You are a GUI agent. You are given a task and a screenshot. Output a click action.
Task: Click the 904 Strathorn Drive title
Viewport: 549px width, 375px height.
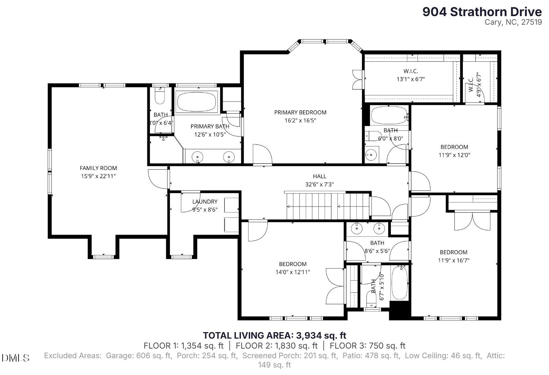[x=482, y=12]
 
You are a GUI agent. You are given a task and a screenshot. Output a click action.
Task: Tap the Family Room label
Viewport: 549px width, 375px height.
[x=98, y=168]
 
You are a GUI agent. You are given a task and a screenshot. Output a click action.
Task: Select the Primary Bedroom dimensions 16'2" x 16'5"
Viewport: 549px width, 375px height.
[x=300, y=120]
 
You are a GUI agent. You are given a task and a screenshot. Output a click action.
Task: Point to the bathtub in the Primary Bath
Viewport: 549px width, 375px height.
[x=196, y=102]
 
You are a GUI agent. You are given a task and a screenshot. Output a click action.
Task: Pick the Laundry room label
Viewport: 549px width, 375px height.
[x=205, y=201]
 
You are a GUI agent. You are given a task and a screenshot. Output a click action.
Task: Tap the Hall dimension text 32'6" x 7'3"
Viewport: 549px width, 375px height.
[x=319, y=184]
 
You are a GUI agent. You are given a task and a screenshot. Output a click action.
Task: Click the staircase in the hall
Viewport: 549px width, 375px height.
[x=328, y=206]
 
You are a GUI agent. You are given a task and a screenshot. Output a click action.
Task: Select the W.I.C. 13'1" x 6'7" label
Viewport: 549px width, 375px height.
[x=411, y=75]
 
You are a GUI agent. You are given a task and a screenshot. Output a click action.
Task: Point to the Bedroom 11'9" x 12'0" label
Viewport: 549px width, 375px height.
[x=454, y=151]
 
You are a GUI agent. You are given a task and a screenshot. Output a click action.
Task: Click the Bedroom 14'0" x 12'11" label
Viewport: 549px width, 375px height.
[x=293, y=268]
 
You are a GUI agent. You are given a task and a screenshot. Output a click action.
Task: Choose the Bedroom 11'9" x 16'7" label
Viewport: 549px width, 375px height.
[x=454, y=256]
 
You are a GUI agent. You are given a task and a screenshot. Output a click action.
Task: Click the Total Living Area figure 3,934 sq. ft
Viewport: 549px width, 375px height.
[x=321, y=335]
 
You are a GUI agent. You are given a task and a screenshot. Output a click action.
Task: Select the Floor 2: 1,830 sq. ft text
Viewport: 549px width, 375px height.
[x=277, y=345]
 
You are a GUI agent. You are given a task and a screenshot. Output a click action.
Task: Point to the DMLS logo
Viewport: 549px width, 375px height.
[x=15, y=358]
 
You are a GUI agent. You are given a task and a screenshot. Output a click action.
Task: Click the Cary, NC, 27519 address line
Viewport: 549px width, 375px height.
[x=513, y=22]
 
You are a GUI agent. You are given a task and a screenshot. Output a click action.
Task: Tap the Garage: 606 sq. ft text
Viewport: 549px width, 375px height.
[x=139, y=356]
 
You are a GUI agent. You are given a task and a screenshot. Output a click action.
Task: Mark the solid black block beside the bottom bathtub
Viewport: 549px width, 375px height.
[x=400, y=310]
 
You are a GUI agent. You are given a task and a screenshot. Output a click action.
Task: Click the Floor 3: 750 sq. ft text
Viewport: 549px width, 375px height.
[x=367, y=345]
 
